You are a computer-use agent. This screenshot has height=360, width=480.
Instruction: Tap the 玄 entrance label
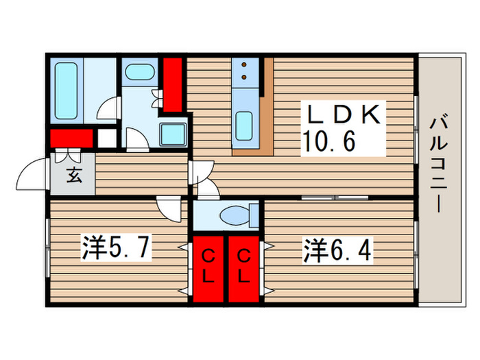click(73, 175)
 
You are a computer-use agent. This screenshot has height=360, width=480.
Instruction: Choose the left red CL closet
click(209, 267)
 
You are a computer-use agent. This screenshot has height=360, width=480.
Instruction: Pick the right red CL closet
click(243, 267)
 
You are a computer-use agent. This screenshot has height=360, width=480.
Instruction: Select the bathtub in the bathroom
click(68, 90)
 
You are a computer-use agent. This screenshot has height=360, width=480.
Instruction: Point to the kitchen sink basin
click(245, 125)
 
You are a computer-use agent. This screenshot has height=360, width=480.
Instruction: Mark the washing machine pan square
click(173, 134)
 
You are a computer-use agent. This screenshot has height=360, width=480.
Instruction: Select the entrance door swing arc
click(31, 175)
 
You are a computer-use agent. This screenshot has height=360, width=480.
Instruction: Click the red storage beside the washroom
click(172, 84)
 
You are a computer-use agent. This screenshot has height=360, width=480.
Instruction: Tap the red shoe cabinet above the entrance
click(71, 138)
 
